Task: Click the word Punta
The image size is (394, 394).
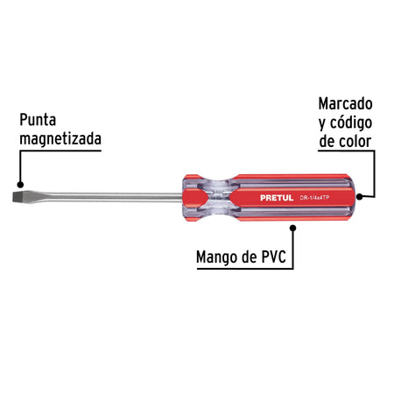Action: (38, 120)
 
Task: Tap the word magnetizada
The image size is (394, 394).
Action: (60, 139)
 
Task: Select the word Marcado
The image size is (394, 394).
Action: (345, 103)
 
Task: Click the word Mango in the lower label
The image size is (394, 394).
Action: (217, 257)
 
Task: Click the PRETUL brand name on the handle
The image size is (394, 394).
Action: (277, 198)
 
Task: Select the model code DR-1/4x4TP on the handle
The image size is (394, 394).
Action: (314, 198)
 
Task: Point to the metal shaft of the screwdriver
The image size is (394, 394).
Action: (107, 197)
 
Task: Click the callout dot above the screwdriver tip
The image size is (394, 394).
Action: (20, 185)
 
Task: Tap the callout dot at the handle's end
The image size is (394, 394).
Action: (360, 197)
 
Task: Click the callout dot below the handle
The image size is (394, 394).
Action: (293, 228)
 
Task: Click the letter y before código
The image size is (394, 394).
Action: (322, 124)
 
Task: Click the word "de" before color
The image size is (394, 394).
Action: (327, 142)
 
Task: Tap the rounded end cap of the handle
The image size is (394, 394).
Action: (352, 197)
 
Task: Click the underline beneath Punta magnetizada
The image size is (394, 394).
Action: (60, 151)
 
